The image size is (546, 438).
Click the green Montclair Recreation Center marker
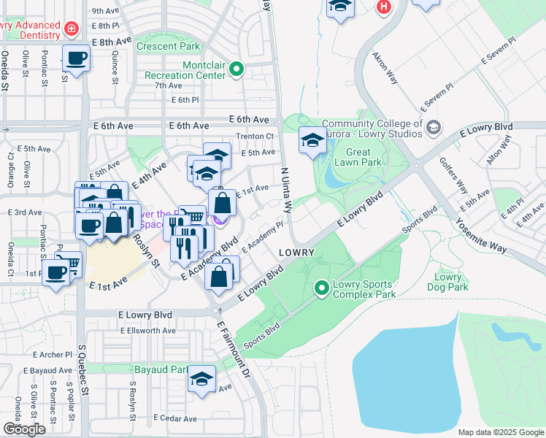tap(237, 69)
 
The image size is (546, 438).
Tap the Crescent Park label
tap(168, 47)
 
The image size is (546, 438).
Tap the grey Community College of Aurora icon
tap(433, 128)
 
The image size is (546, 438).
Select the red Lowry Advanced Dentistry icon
tap(72, 29)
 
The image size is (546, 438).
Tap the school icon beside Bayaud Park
tap(201, 380)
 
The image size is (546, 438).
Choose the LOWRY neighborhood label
tap(296, 253)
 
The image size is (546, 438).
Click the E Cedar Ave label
tap(175, 419)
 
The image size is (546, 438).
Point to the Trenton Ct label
tap(255, 137)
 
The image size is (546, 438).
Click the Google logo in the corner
tap(24, 429)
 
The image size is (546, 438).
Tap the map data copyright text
tap(501, 432)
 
